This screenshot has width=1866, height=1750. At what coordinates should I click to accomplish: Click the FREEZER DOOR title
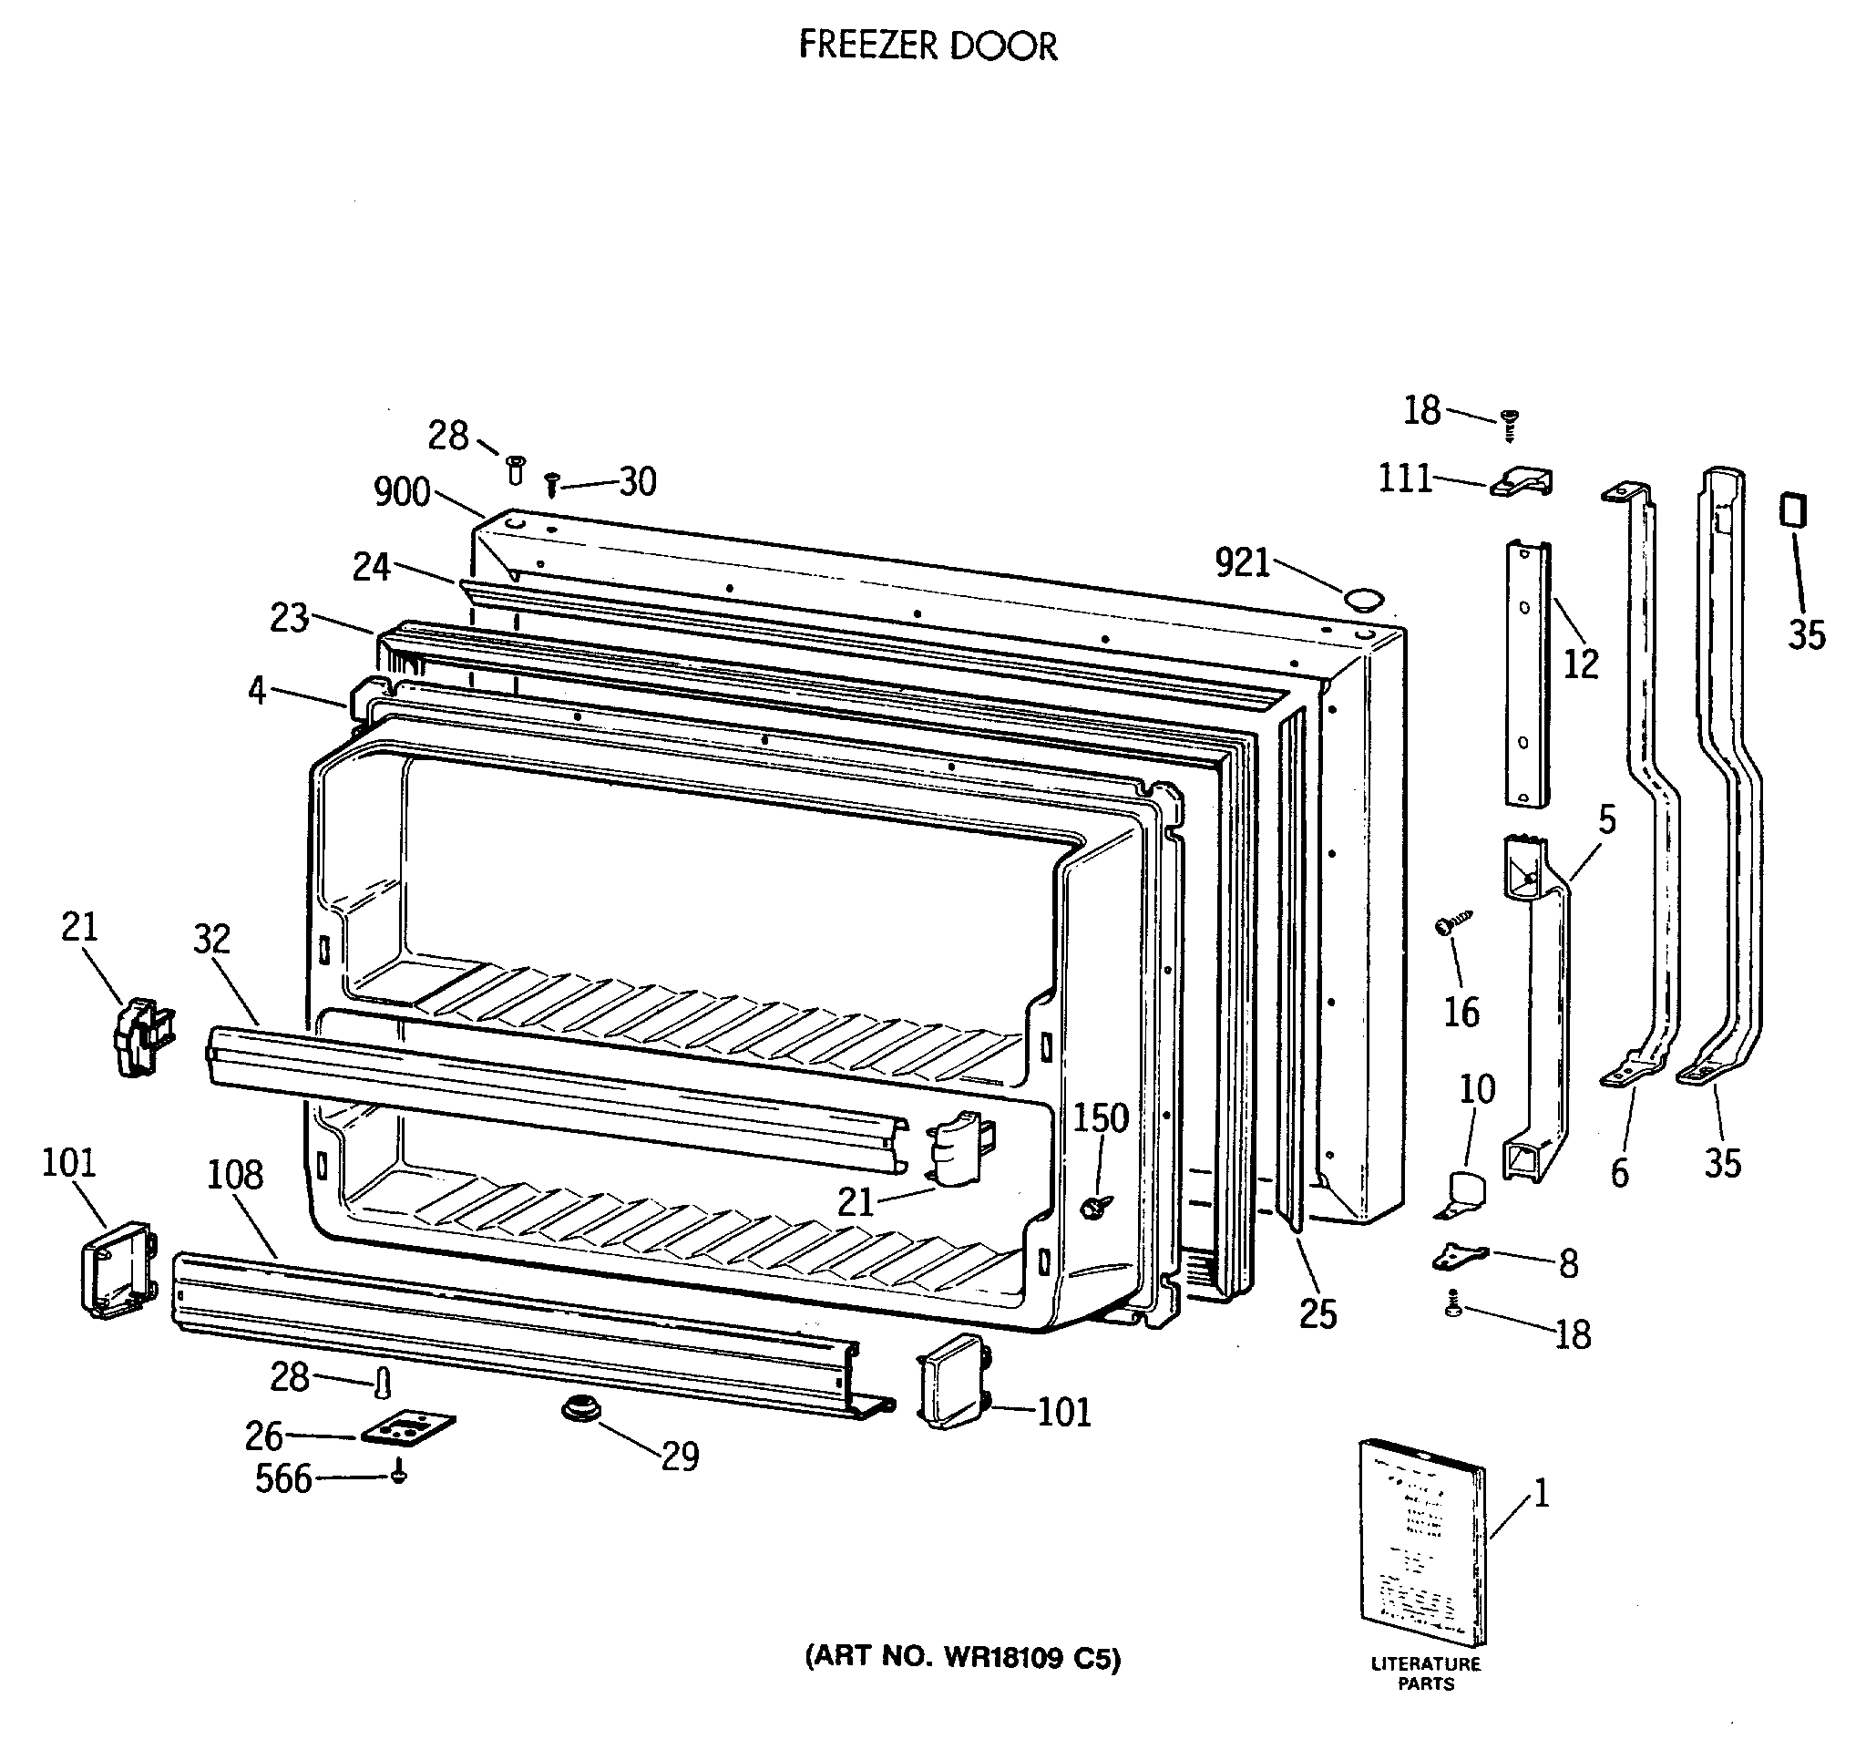click(x=928, y=45)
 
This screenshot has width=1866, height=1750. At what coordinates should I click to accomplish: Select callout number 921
click(x=1242, y=563)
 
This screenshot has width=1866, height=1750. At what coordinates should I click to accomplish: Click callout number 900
click(x=402, y=492)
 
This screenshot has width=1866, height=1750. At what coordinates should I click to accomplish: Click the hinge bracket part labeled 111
click(x=1522, y=482)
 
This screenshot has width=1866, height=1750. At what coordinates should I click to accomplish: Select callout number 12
click(x=1581, y=664)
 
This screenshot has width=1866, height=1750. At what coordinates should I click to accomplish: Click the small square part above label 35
click(x=1793, y=511)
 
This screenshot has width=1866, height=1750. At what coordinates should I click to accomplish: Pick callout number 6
click(x=1620, y=1173)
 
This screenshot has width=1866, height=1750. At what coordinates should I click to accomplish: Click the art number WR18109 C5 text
click(x=963, y=1659)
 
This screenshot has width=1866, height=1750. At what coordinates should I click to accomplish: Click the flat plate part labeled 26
click(x=408, y=1428)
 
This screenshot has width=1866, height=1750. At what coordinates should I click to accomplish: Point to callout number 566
click(x=283, y=1479)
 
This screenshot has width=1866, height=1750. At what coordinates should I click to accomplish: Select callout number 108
click(x=235, y=1175)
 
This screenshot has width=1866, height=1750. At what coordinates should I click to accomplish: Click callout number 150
click(x=1101, y=1118)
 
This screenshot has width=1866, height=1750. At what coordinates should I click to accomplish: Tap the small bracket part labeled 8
click(x=1461, y=1255)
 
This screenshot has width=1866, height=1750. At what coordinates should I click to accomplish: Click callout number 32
click(x=212, y=938)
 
